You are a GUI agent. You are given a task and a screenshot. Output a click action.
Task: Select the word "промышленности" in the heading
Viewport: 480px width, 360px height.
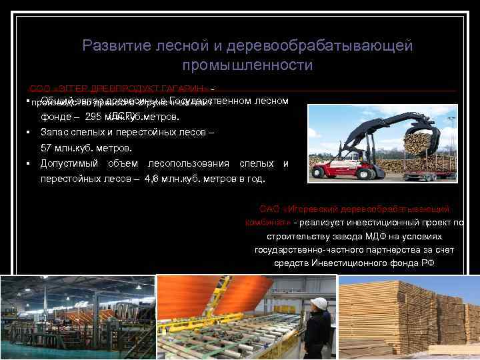coord(247,65)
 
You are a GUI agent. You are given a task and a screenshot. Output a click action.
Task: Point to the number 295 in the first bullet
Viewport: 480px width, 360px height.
coord(95,117)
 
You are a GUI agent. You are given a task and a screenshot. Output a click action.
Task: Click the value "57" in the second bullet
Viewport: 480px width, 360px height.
coord(47,147)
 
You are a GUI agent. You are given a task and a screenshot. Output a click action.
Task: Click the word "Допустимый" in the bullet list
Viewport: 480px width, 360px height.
coord(69,163)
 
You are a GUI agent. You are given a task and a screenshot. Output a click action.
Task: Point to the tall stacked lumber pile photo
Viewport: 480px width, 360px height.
coord(408,317)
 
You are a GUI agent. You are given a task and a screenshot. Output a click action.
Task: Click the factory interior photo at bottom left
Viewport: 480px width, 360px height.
coord(77,317)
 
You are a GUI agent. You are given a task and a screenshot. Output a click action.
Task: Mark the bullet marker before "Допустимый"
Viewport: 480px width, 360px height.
coord(29,163)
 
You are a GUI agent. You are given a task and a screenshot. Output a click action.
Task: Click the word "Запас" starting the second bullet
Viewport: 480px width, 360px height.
coord(54,132)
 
